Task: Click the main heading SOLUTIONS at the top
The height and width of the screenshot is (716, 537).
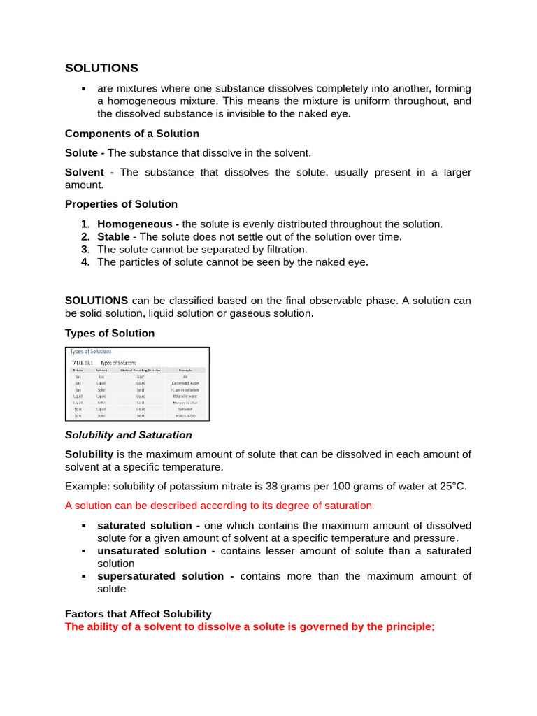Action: (101, 68)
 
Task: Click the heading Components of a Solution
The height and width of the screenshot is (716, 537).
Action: (132, 134)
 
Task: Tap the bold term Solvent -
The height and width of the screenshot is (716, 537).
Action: (89, 172)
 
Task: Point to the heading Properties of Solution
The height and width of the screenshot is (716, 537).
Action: (121, 204)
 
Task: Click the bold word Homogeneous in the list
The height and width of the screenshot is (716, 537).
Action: (134, 224)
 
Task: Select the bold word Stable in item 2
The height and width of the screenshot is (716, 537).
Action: (112, 236)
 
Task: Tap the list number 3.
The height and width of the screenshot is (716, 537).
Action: (85, 249)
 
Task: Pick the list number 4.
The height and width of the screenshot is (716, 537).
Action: (85, 262)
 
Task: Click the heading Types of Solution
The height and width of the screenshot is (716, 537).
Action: (110, 333)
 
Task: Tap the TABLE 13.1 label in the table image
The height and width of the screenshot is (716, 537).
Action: (83, 363)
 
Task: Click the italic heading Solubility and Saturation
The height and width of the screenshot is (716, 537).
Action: (128, 435)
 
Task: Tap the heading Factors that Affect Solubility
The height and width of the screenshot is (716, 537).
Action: (138, 614)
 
